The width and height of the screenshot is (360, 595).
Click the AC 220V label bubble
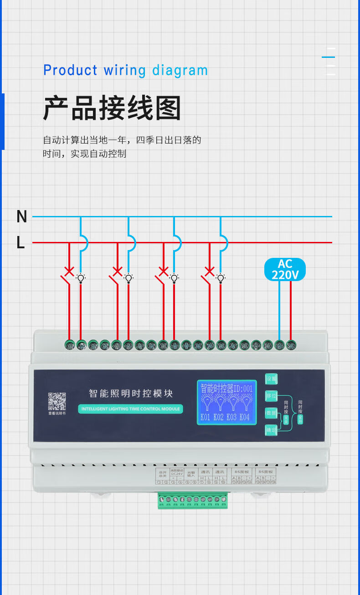click(285, 270)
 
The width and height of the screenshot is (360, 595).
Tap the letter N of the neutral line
click(21, 217)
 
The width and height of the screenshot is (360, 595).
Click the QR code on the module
click(57, 401)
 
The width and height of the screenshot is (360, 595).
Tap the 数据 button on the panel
click(272, 413)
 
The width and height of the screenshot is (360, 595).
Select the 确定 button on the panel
click(272, 430)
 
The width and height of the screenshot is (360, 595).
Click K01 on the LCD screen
click(205, 417)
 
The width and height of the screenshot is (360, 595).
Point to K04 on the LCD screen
click(245, 417)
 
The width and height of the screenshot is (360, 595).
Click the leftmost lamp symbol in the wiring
click(81, 278)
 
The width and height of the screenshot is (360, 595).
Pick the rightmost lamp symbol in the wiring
click(221, 278)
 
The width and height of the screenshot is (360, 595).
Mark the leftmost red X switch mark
click(69, 272)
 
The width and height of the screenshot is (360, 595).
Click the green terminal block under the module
click(193, 500)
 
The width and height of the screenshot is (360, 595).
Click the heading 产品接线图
click(112, 108)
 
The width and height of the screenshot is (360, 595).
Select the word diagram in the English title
click(180, 71)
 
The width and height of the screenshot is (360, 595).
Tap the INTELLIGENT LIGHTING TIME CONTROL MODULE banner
click(130, 409)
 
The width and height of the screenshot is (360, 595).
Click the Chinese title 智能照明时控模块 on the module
click(130, 393)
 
